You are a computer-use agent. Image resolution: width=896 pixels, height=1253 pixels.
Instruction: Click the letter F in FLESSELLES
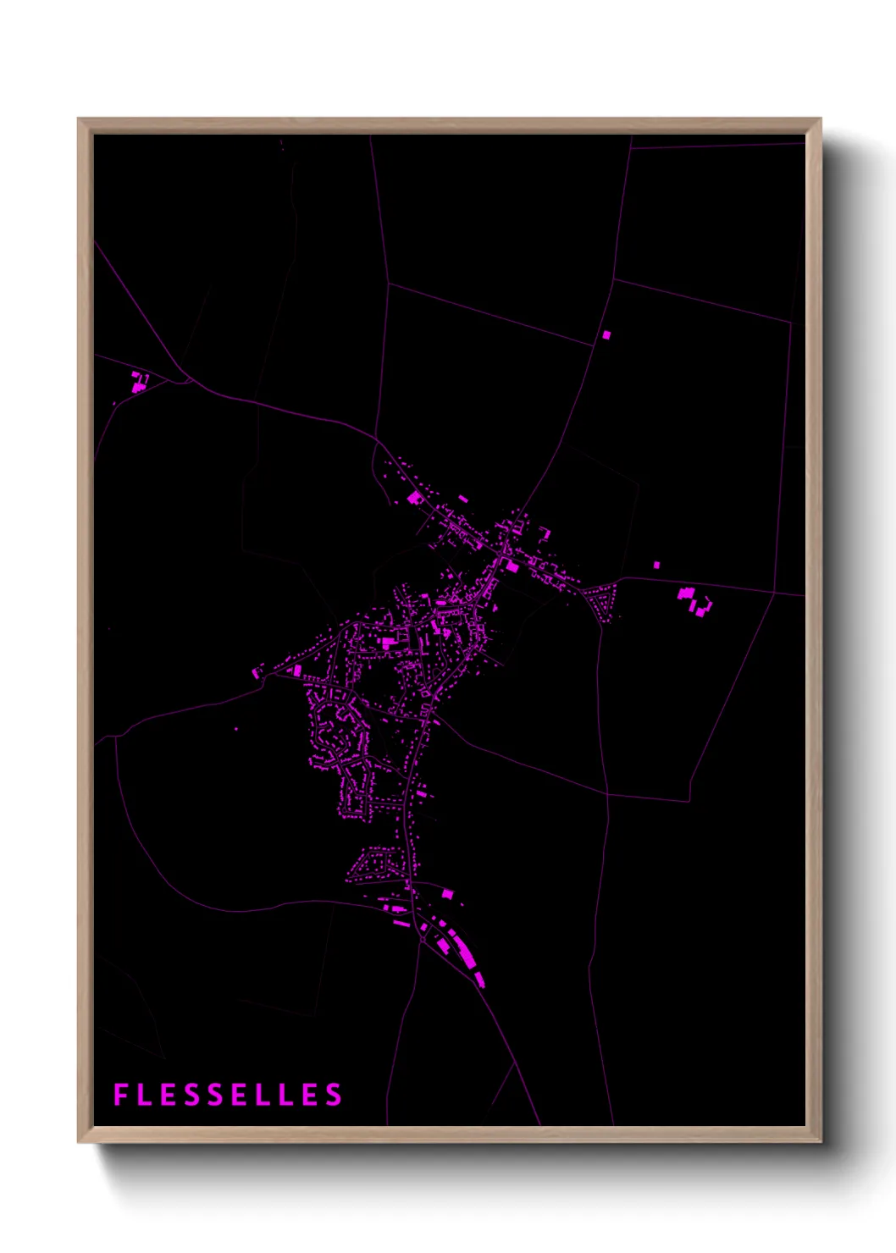coord(120,1095)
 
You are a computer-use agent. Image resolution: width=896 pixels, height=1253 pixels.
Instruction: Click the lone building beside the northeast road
coord(606,334)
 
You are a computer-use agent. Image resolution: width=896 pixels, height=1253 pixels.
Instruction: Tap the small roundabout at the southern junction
coord(423,939)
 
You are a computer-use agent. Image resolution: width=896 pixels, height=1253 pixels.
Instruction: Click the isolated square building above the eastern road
coord(656,565)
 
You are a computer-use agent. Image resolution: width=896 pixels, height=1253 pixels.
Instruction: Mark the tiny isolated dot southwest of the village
coord(236,729)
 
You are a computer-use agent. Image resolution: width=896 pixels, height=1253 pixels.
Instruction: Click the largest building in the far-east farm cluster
coord(686,593)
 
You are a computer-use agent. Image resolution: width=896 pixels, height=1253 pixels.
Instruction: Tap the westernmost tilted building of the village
coord(257,673)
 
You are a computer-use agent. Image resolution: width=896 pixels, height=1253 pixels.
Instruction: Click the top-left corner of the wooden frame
coord(79,119)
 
